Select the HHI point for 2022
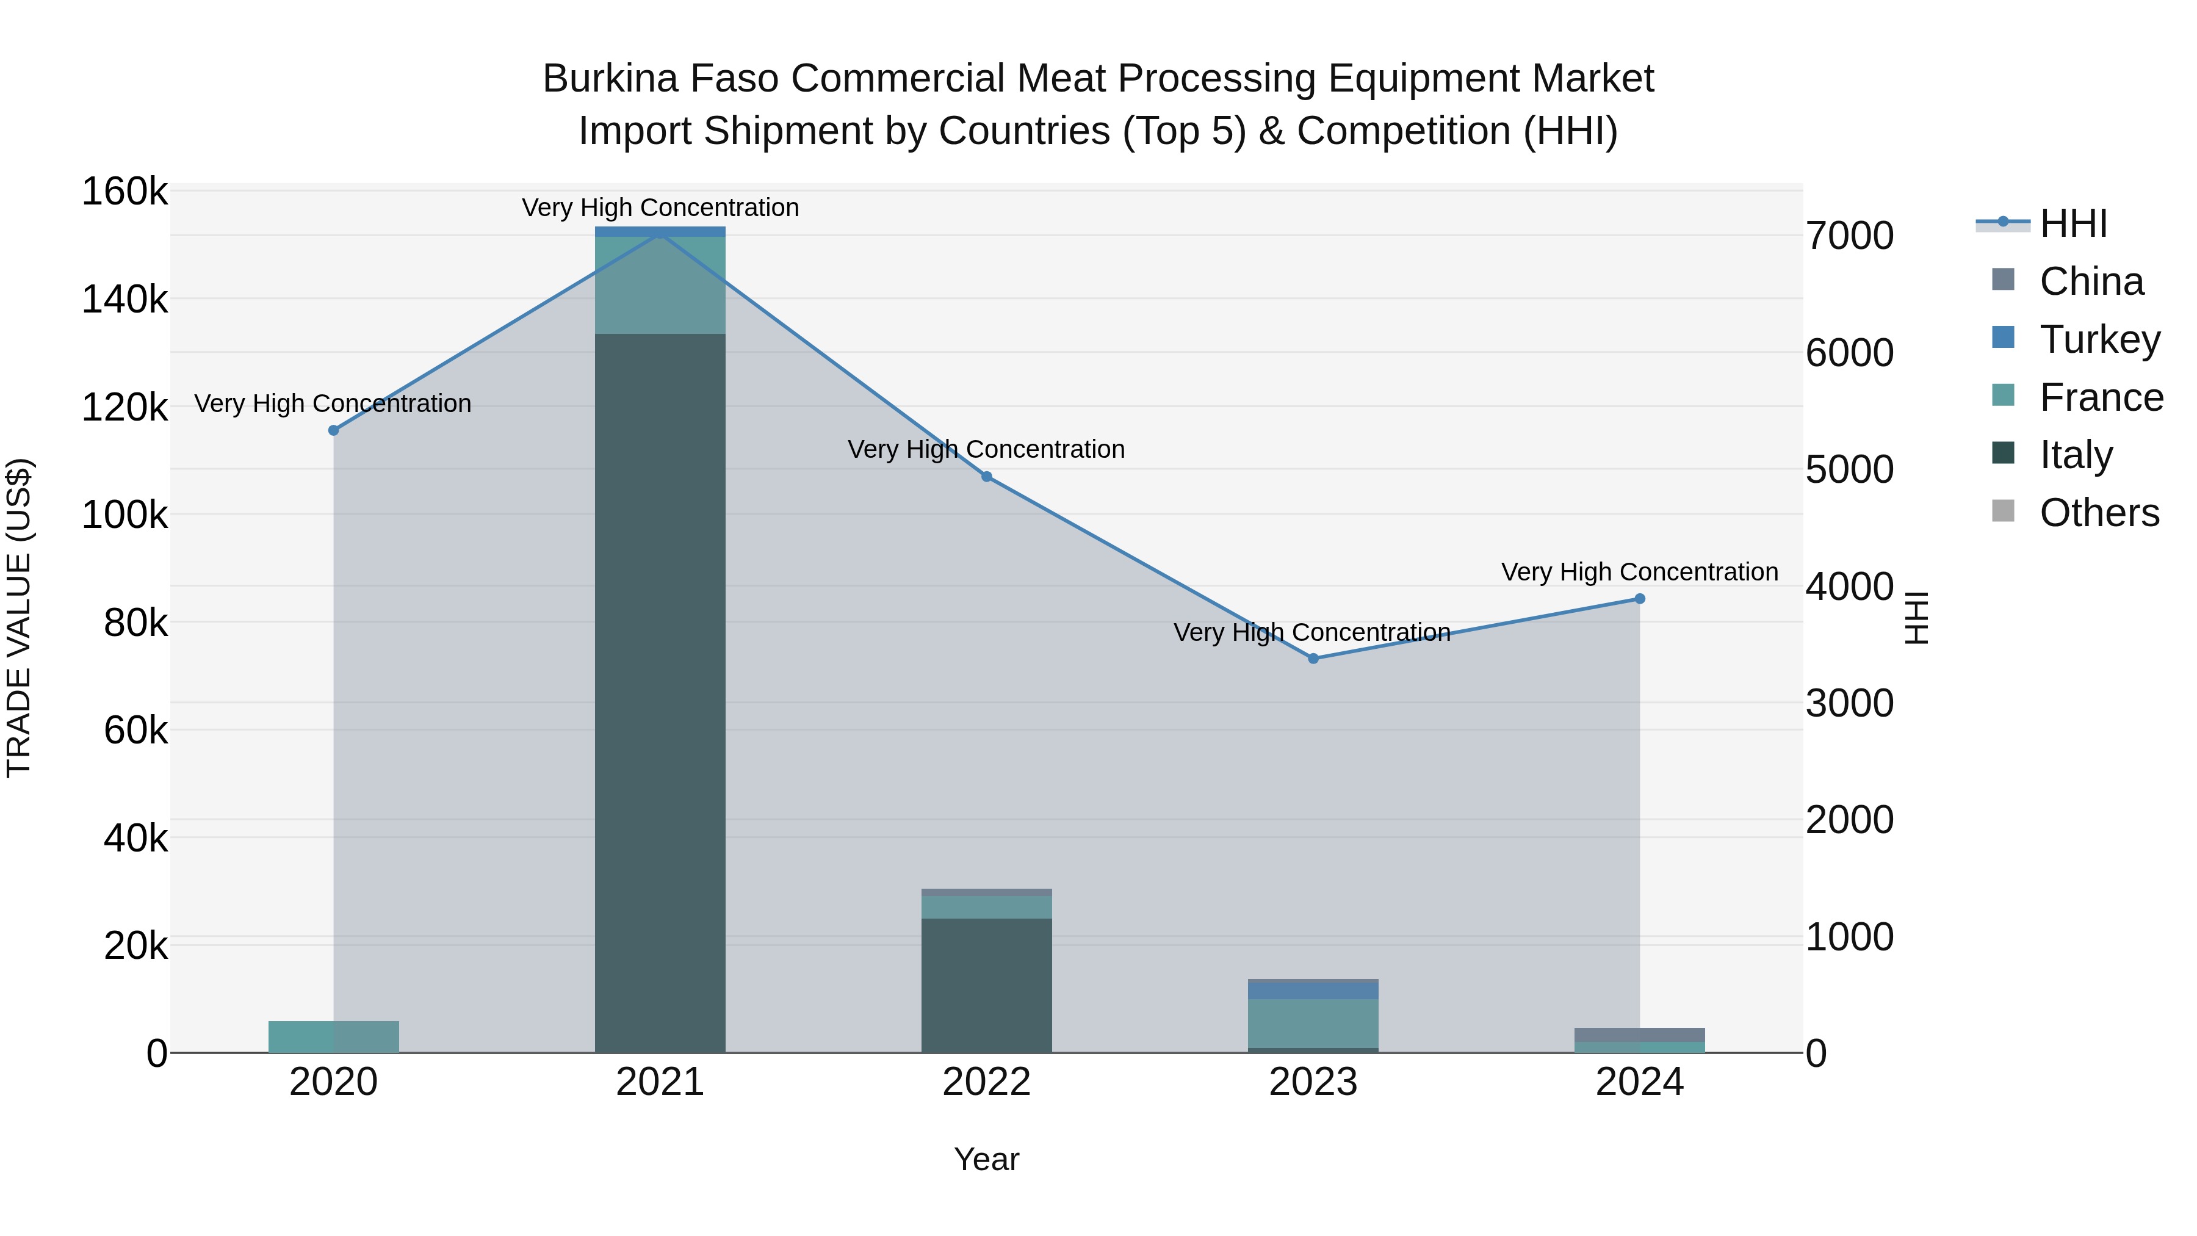pos(987,477)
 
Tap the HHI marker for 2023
pos(1313,659)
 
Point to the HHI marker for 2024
pos(1639,599)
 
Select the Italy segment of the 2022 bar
pos(987,985)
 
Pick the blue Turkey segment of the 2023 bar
pos(1313,989)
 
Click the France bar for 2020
pos(333,1036)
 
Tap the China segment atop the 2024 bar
pos(1639,1035)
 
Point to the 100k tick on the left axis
pos(124,515)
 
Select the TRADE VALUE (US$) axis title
pos(19,618)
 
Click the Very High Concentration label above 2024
pos(1639,571)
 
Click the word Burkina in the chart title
pos(611,79)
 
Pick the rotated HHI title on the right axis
pos(1916,618)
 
